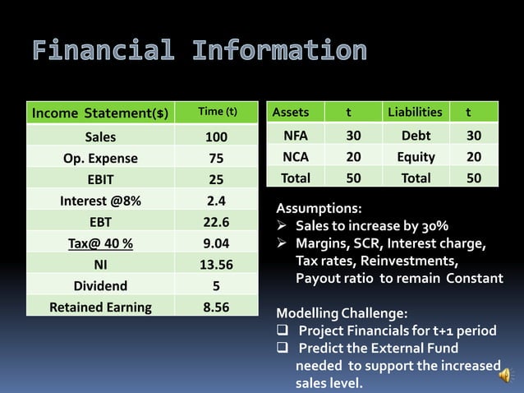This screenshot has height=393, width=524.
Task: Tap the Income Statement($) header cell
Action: tap(99, 112)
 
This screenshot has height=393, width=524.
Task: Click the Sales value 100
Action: tap(216, 136)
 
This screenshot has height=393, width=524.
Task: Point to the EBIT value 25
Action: tap(216, 179)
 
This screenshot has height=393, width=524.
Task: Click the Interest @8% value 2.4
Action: tap(216, 200)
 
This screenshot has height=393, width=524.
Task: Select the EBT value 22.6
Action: tap(216, 222)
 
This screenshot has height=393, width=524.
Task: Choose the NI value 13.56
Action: tap(216, 265)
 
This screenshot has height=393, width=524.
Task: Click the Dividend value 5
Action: tap(216, 286)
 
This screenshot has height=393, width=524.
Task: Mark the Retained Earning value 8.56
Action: tap(216, 307)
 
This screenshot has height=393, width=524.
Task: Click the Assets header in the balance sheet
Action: tap(291, 112)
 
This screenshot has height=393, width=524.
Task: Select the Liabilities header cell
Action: tap(415, 112)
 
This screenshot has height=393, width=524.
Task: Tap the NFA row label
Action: tap(296, 136)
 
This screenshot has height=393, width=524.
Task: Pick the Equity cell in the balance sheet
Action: tap(416, 156)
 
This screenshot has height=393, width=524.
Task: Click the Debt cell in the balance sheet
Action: tap(416, 136)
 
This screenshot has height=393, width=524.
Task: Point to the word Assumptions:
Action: tap(318, 209)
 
